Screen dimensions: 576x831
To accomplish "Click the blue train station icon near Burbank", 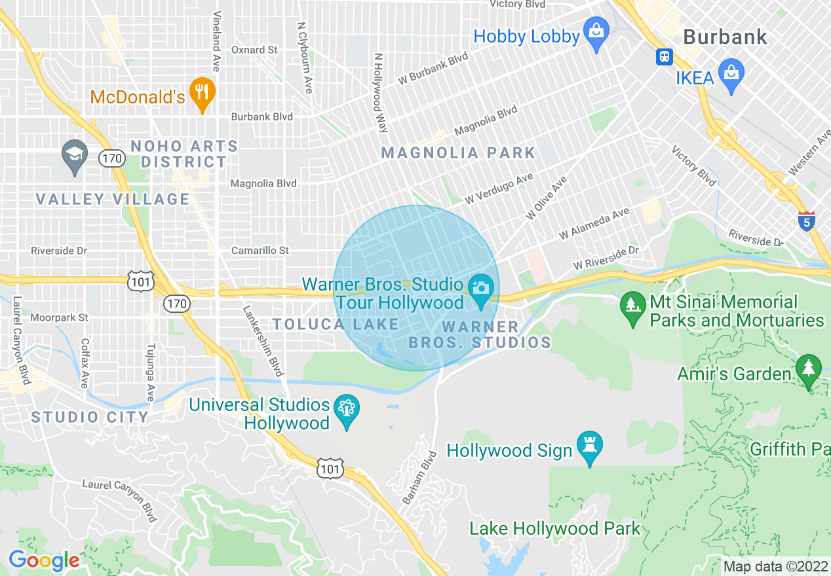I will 665,56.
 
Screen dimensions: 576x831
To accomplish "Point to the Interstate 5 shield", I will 807,221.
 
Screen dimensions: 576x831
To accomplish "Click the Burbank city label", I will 725,37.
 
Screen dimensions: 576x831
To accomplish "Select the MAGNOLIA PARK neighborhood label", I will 458,153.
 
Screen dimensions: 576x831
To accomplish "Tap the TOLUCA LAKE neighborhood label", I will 336,324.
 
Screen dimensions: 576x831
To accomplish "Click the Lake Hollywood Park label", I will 554,528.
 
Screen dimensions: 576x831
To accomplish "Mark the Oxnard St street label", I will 254,50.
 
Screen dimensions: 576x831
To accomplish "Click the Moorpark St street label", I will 59,317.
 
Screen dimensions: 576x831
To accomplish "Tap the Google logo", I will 43,560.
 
